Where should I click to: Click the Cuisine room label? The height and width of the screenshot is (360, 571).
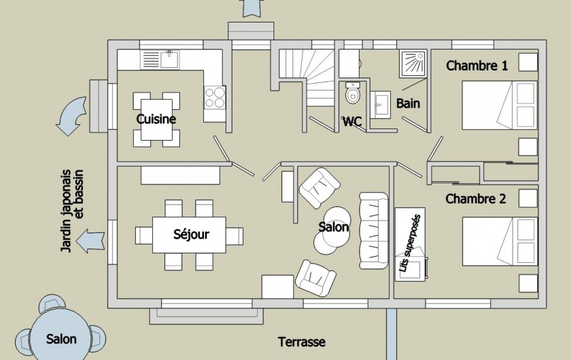point(156,119)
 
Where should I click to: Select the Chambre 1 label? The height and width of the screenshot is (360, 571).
point(477,66)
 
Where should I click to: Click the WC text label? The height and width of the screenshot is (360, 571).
point(352,122)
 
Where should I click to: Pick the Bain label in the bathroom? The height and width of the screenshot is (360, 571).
point(408,104)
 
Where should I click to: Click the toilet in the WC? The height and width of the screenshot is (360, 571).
point(352,93)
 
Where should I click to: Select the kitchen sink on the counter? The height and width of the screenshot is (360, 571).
point(160,60)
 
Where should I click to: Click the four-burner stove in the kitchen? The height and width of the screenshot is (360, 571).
point(215,98)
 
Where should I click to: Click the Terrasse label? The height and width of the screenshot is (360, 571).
point(302,342)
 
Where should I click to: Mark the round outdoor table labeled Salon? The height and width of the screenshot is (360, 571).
point(61,338)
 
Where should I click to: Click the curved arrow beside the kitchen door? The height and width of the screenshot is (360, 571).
point(71,115)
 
